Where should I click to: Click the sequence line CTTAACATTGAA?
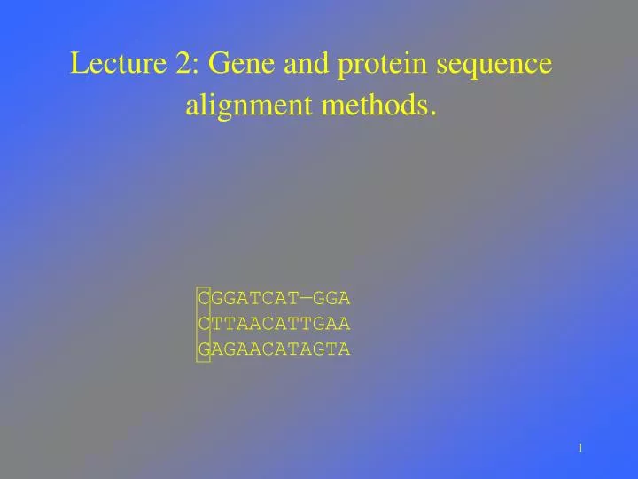(x=275, y=324)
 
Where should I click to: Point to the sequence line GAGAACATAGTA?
(x=275, y=349)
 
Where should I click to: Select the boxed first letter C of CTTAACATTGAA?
(x=205, y=324)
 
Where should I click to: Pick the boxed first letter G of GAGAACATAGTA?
(x=205, y=349)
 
